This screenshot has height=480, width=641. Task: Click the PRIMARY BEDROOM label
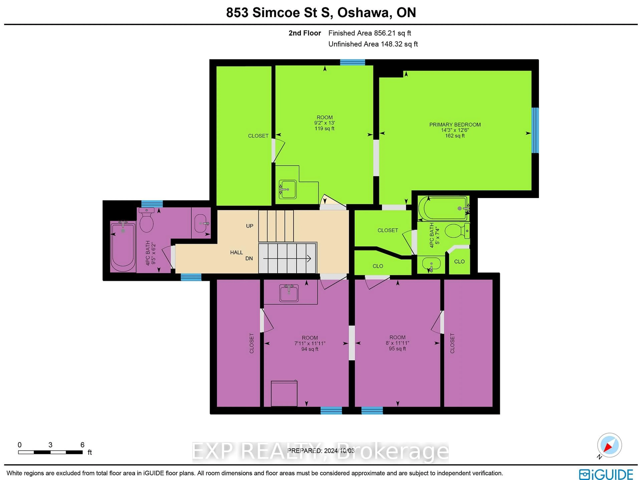pyautogui.click(x=455, y=125)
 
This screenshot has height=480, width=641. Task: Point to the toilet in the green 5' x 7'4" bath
pyautogui.click(x=456, y=231)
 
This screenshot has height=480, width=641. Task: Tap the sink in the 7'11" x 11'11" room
pyautogui.click(x=289, y=293)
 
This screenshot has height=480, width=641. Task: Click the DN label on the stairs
pyautogui.click(x=249, y=258)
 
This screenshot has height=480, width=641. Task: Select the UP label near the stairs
pyautogui.click(x=250, y=226)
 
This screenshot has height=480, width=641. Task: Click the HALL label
pyautogui.click(x=237, y=252)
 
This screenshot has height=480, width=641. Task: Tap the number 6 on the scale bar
pyautogui.click(x=82, y=445)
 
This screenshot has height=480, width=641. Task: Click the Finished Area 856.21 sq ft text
pyautogui.click(x=369, y=33)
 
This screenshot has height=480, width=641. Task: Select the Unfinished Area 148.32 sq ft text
pyautogui.click(x=373, y=44)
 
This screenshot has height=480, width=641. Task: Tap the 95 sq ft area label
pyautogui.click(x=397, y=348)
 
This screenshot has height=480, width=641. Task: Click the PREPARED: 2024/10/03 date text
pyautogui.click(x=321, y=451)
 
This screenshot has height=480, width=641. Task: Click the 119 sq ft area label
pyautogui.click(x=325, y=128)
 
